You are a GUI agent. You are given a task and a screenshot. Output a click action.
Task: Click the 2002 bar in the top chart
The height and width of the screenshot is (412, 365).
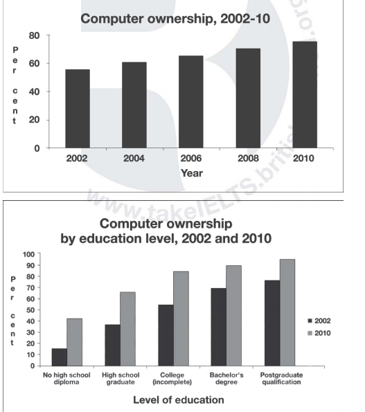coord(78,109)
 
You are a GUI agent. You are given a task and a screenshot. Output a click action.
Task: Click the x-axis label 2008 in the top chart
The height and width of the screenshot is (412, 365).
coord(247,159)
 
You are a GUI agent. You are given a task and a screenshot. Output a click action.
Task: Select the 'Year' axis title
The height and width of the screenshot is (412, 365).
coord(191,173)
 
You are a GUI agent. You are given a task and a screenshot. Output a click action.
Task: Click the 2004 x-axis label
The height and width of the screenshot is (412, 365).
coord(134,159)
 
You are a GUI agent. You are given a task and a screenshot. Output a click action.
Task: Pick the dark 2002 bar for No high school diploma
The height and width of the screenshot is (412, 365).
coord(60,357)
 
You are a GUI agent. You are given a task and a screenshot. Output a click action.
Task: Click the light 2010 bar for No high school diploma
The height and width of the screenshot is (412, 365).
coord(74,341)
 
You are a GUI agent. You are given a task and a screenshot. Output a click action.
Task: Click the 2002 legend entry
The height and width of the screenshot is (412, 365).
coord(319,321)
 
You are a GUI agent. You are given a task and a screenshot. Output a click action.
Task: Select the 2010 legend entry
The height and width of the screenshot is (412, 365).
coord(319,334)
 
